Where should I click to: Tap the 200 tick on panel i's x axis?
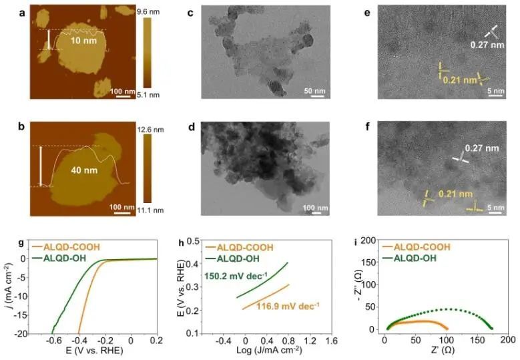(508, 340)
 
